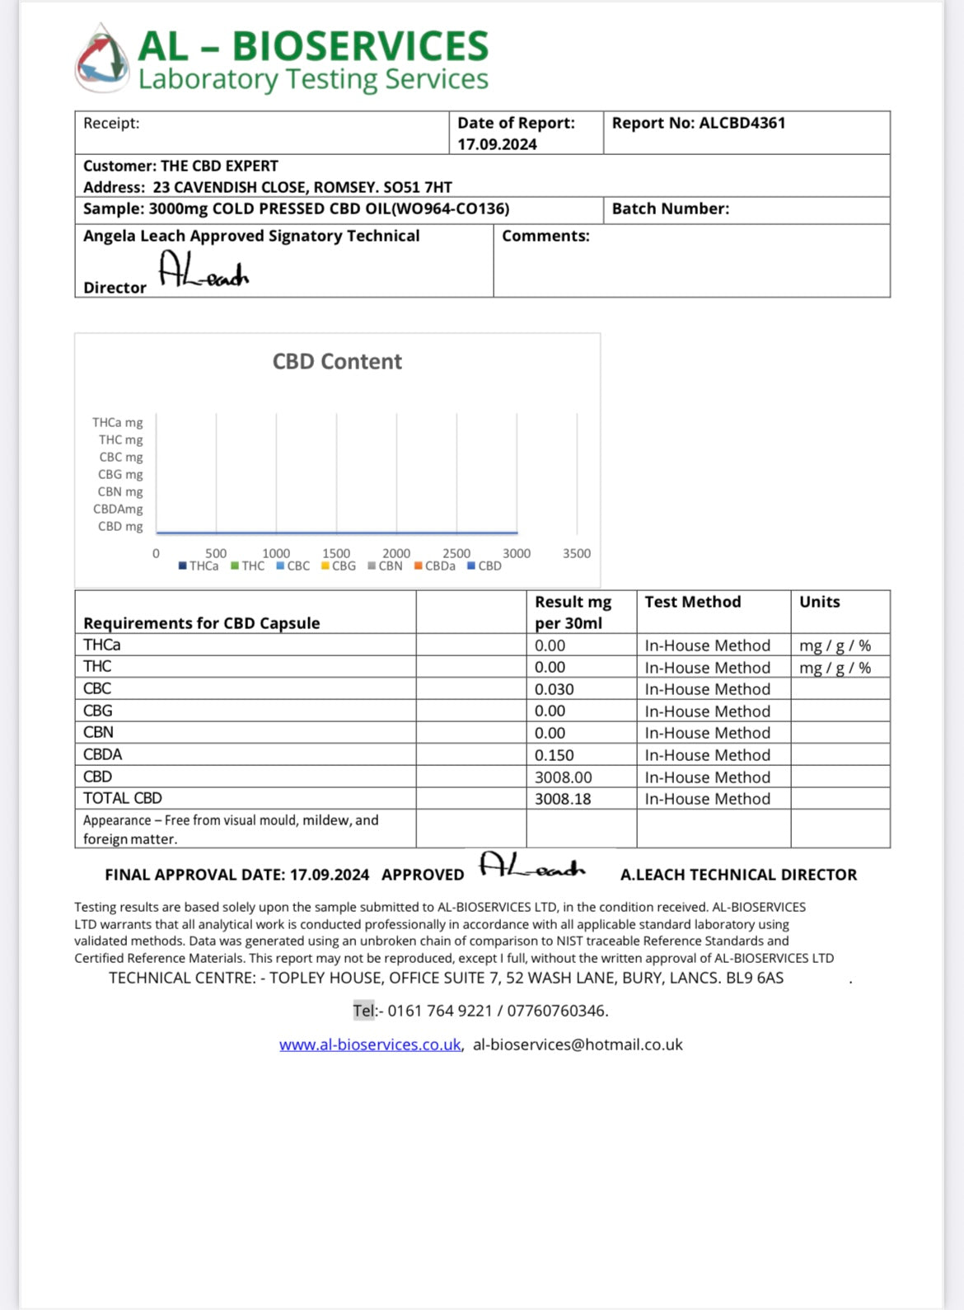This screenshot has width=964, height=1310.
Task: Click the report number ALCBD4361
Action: (x=742, y=123)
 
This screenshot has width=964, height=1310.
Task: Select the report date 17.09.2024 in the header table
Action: (x=497, y=144)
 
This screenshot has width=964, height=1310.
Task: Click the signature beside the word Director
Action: (x=203, y=270)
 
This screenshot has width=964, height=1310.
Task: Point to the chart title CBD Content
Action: (x=337, y=362)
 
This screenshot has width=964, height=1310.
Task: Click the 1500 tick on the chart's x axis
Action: (x=336, y=553)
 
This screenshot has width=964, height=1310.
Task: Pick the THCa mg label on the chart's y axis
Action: (x=117, y=422)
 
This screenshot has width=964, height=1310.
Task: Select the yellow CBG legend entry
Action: (x=339, y=566)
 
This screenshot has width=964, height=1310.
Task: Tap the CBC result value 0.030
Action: (x=554, y=689)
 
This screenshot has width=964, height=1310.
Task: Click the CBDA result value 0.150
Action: (x=554, y=755)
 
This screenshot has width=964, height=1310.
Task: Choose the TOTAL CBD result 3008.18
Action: (x=563, y=799)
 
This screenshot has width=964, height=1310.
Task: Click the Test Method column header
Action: (x=692, y=602)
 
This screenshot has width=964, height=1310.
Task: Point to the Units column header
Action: (x=819, y=602)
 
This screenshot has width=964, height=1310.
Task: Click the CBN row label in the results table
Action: (x=98, y=732)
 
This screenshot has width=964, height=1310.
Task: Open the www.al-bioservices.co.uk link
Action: (x=370, y=1045)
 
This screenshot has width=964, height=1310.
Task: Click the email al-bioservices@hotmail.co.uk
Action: (x=578, y=1045)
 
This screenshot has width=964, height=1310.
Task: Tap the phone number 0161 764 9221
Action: (x=439, y=1011)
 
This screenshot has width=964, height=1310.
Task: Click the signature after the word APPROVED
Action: (x=531, y=866)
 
